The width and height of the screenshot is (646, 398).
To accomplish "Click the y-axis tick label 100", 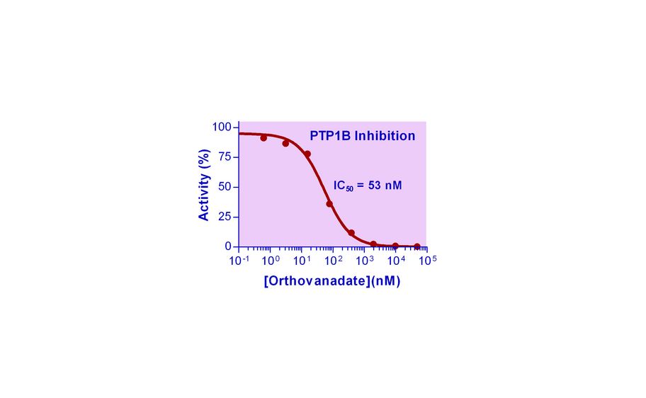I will (222, 127).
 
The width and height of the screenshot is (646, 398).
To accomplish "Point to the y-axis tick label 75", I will (225, 157).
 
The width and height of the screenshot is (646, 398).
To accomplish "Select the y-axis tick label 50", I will (225, 187).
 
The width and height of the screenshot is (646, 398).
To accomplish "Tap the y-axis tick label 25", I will (225, 217).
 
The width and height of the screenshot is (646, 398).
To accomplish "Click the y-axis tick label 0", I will (228, 246).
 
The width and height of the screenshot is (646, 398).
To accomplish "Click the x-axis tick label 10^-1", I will (239, 261).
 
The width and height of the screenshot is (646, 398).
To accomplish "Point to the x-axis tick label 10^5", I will (427, 261).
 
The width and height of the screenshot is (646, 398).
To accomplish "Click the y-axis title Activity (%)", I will (204, 186).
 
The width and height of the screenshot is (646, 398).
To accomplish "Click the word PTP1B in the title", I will (329, 136).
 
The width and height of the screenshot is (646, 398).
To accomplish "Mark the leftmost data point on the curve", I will (263, 137).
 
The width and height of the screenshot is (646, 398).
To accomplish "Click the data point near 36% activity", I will (329, 204).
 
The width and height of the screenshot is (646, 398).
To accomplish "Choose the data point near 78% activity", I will (307, 154).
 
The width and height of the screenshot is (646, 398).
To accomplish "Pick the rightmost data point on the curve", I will (417, 246).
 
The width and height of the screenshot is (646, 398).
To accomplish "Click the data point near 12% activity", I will (351, 232).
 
